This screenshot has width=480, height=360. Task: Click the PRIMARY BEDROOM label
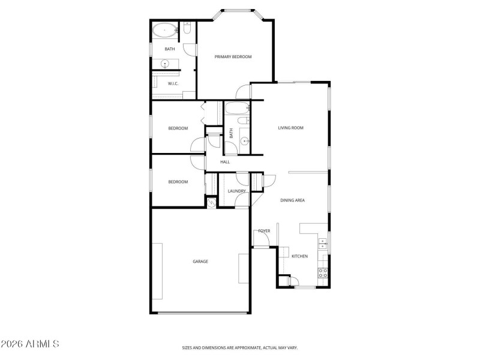click(233, 57)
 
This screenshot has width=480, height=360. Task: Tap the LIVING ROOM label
click(290, 128)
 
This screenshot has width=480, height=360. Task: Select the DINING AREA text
click(293, 200)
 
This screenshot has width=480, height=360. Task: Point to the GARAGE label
click(200, 261)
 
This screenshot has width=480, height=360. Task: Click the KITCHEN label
click(299, 256)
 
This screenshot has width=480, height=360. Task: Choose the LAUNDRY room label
click(236, 191)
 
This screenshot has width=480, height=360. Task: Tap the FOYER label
click(264, 230)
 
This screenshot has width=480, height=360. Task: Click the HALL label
click(225, 162)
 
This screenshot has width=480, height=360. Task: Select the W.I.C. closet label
click(173, 83)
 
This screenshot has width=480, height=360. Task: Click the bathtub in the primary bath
click(164, 29)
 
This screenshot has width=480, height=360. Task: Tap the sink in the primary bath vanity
click(164, 64)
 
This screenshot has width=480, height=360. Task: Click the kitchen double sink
click(323, 243)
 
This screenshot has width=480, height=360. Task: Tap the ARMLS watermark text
click(30, 344)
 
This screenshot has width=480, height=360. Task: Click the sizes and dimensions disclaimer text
click(240, 347)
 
